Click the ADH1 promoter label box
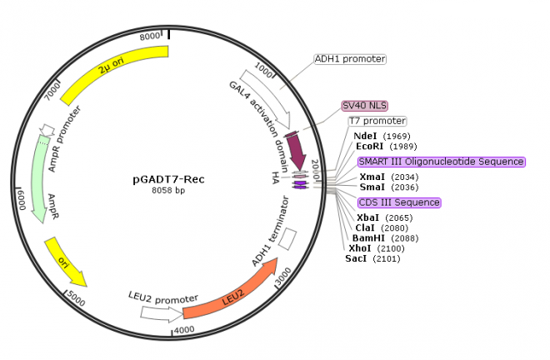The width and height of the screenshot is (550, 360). click(x=350, y=59)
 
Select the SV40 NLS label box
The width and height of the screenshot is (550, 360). click(x=365, y=106)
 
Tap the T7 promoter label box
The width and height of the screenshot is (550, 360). click(x=377, y=121)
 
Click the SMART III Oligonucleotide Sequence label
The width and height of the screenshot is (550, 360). click(x=441, y=162)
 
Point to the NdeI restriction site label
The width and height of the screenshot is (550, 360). click(x=366, y=136)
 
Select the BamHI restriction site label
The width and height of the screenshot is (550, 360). click(x=367, y=237)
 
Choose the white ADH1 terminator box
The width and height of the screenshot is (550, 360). click(x=287, y=238)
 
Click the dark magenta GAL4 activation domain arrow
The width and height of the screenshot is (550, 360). click(x=298, y=148)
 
